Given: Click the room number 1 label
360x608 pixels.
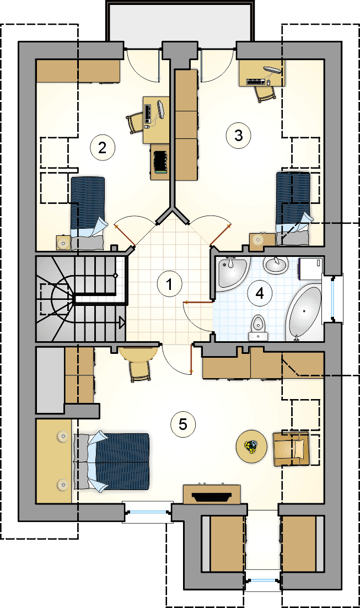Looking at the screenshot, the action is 170,284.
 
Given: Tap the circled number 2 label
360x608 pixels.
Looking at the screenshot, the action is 103,147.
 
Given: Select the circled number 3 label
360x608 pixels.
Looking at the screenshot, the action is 238,136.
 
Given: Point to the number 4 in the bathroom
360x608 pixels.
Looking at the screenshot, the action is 260,293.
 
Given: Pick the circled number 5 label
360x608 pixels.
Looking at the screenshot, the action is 183,424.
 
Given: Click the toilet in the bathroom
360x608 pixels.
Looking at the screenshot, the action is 258,327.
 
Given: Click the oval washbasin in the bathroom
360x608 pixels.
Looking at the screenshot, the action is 276,265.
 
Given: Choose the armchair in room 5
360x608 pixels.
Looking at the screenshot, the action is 291,449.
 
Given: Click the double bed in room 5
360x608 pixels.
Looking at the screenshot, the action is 111,461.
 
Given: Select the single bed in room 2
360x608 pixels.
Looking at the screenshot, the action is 87,213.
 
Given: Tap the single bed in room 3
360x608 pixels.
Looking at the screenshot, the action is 294,208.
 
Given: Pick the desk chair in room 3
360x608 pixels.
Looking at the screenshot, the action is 265,94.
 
